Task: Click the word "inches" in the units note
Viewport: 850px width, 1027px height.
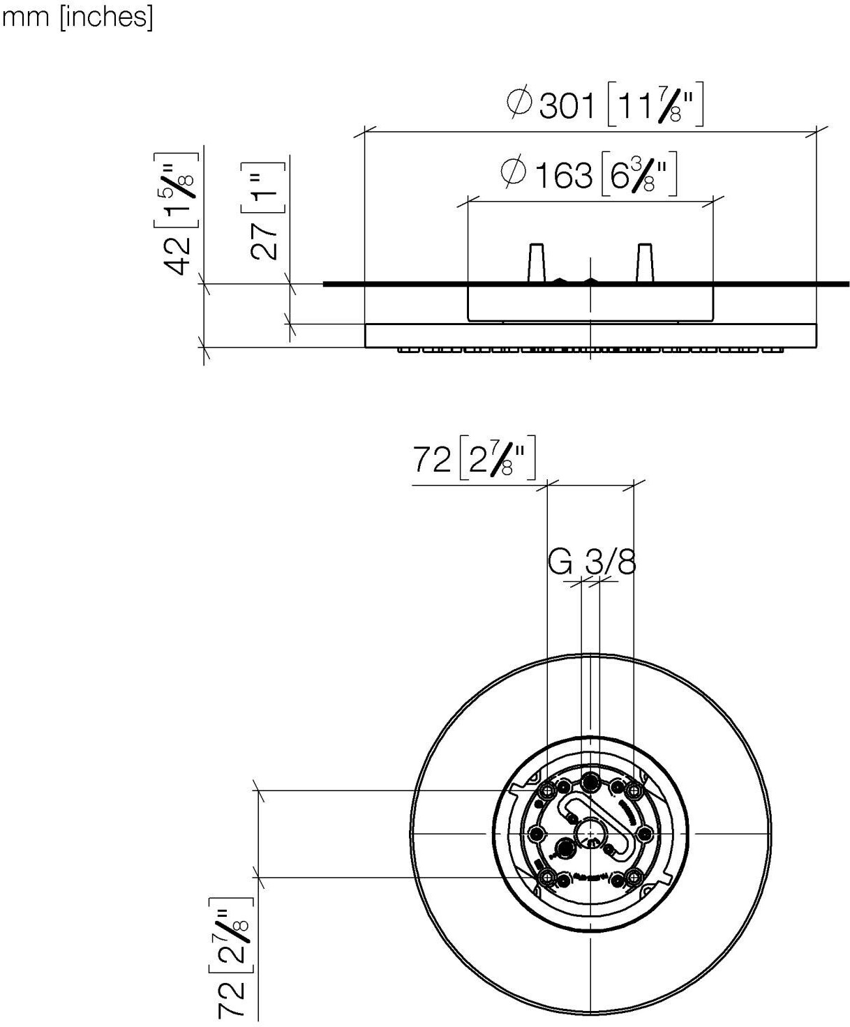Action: pos(106,17)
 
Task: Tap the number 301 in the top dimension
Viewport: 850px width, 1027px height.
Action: pos(567,106)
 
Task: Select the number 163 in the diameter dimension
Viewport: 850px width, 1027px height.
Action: pos(563,175)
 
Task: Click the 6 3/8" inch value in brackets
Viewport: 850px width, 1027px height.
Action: pos(639,174)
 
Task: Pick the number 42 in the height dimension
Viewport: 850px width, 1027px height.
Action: pos(177,256)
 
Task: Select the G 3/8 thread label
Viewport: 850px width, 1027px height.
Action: pos(592,562)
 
